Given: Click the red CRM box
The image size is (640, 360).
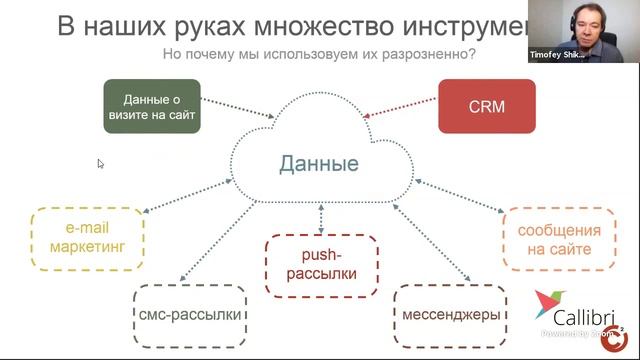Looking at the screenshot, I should point(486,106).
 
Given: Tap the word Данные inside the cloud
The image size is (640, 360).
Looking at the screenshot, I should point(319,162).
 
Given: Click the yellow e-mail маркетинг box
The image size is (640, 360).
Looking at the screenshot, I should point(87,237).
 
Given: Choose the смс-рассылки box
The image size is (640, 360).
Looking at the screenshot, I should point(190,315).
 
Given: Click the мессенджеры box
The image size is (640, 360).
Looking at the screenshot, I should point(451,315).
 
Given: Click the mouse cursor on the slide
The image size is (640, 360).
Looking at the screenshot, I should point(100,163).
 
